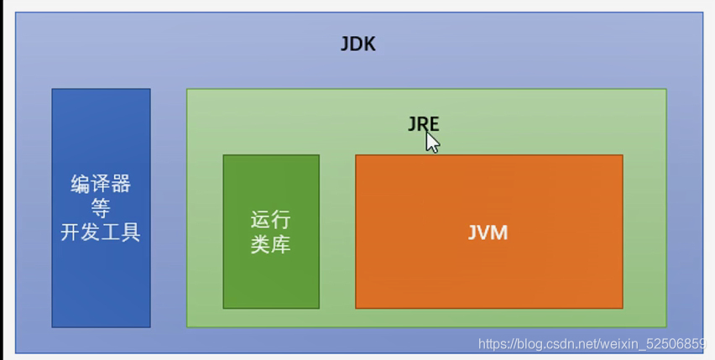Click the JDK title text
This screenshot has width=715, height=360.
point(357,44)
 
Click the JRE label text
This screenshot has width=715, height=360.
point(423,123)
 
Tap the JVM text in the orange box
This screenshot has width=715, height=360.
point(488,232)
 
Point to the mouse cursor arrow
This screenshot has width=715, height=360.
point(431,141)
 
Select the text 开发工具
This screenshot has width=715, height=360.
point(101,232)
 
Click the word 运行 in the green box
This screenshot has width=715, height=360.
point(270,220)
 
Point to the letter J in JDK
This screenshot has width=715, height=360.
point(345,44)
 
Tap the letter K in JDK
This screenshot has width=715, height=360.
point(369,44)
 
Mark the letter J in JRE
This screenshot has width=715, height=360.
point(412,123)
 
